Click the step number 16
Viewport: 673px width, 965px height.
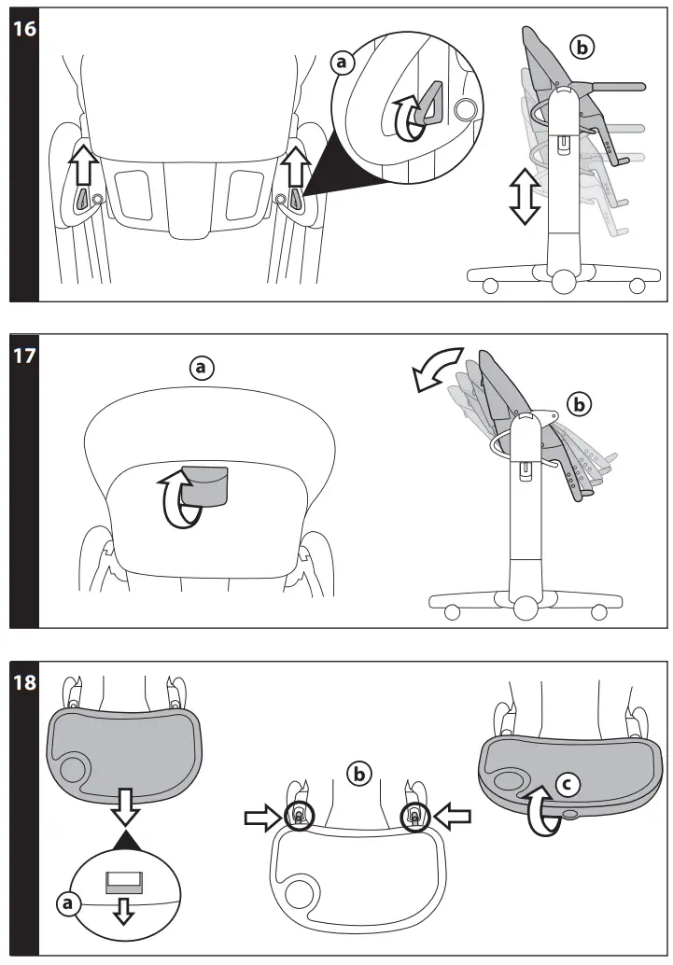point(24,28)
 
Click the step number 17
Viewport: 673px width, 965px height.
point(24,356)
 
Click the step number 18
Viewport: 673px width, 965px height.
point(24,682)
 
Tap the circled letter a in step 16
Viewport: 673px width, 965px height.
point(343,62)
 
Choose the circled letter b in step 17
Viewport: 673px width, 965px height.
point(580,405)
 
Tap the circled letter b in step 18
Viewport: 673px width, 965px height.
point(358,773)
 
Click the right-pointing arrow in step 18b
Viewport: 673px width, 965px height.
point(263,818)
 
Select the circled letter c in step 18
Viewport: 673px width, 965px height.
point(563,786)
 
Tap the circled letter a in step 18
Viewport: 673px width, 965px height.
point(66,902)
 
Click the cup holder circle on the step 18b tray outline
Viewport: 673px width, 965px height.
point(300,894)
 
